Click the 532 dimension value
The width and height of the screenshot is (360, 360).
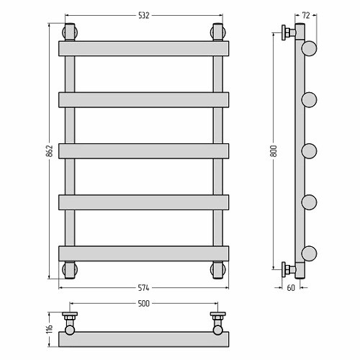pyautogui.click(x=144, y=16)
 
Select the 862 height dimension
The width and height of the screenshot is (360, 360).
pyautogui.click(x=50, y=151)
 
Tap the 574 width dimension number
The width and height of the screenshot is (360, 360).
pyautogui.click(x=143, y=288)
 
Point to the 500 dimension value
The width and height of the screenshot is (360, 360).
pyautogui.click(x=144, y=304)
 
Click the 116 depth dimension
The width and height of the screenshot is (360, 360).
pyautogui.click(x=50, y=329)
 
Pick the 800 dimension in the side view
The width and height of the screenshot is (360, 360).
pyautogui.click(x=274, y=151)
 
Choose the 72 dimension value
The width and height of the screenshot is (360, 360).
pyautogui.click(x=306, y=16)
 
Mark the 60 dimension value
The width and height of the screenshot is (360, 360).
pyautogui.click(x=291, y=288)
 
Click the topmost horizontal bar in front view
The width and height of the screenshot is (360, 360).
pyautogui.click(x=144, y=48)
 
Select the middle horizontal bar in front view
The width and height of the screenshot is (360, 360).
pyautogui.click(x=144, y=151)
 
